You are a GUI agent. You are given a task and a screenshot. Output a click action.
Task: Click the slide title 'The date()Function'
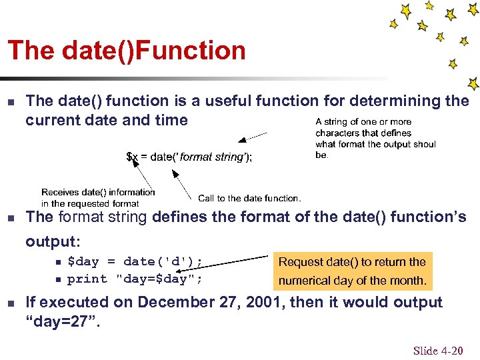(x=127, y=51)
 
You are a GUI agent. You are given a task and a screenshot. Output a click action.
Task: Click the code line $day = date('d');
(x=135, y=261)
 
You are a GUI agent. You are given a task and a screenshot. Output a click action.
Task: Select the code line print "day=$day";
(x=135, y=279)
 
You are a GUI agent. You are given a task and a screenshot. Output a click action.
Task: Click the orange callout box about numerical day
(x=352, y=271)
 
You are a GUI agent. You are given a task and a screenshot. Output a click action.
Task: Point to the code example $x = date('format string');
(x=189, y=157)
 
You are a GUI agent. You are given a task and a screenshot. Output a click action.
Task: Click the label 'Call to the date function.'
(x=249, y=198)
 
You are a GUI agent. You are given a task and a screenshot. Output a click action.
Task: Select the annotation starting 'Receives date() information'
(x=98, y=197)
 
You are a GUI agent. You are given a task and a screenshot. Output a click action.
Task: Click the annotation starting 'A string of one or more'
(x=375, y=138)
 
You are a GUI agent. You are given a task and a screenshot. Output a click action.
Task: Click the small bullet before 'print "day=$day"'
(x=58, y=279)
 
